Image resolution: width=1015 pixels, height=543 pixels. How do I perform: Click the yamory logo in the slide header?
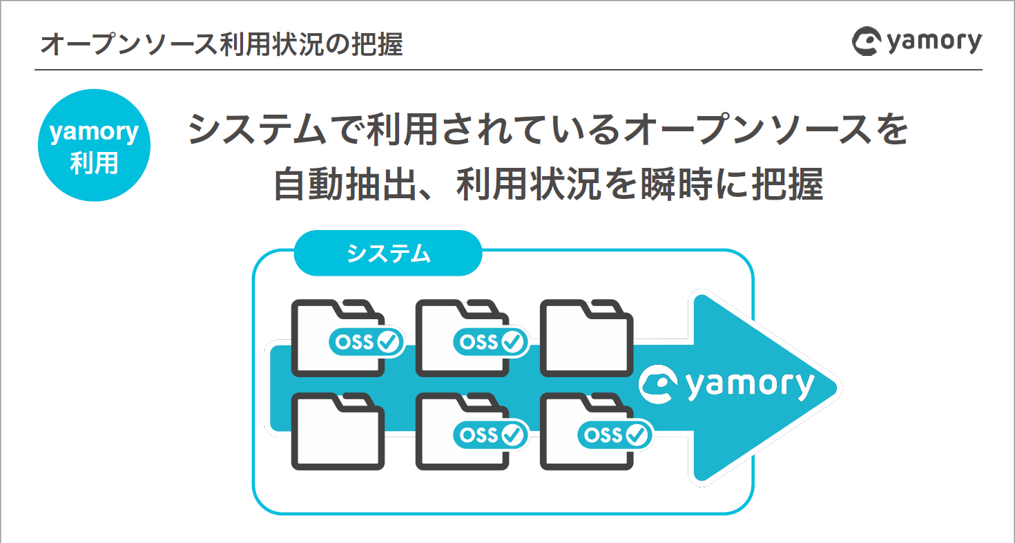point(916,42)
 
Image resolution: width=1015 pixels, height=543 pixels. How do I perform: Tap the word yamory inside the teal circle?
point(94,131)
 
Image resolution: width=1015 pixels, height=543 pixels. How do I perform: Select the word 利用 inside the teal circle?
point(94,164)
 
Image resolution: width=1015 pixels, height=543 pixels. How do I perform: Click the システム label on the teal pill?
point(388,254)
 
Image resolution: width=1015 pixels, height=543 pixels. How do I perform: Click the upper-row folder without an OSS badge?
point(586,339)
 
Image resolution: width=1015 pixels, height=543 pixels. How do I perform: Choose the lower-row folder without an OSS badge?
point(338,432)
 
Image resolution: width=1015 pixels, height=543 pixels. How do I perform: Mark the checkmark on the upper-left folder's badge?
point(388,342)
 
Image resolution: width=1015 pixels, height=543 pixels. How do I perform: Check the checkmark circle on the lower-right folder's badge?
point(637,435)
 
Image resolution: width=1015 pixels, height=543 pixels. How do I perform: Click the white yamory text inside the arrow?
point(751,385)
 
